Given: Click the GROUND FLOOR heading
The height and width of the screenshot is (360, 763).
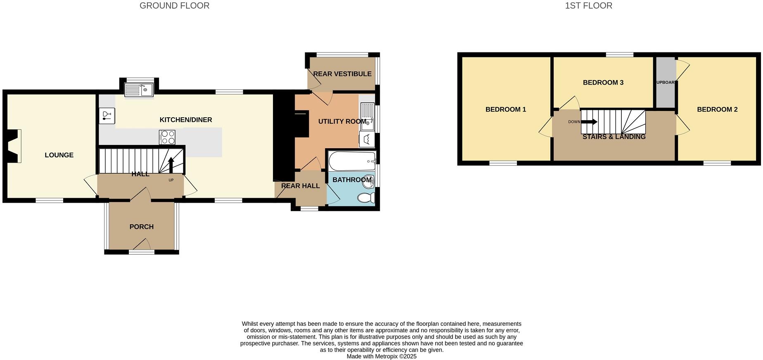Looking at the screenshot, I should pos(174,6).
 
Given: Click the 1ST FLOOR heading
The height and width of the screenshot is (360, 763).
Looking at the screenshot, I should pos(588,6).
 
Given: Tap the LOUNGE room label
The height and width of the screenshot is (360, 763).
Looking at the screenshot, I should pos(59,155).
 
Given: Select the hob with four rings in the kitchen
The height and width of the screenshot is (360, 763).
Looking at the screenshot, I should pos(167,137).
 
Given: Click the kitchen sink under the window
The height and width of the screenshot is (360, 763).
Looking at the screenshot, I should pos(139,90).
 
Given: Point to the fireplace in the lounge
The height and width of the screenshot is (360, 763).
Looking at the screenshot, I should pos(14,146).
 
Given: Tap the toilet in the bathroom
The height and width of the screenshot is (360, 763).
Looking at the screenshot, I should pos(365,198).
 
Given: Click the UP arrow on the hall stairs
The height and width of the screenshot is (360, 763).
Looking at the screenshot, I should pos(171,165).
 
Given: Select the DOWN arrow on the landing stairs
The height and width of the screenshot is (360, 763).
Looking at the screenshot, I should pos(589,122).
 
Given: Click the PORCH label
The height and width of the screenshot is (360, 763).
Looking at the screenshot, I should pos(141,227).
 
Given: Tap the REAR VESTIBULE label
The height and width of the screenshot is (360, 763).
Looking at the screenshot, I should pos(342,74).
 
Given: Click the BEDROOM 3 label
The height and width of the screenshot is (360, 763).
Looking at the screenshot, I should pos(603,83).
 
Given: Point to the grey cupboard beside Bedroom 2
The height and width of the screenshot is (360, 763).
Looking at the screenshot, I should pos(665,83).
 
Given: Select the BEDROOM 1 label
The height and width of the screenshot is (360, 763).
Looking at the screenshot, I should pos(505,109).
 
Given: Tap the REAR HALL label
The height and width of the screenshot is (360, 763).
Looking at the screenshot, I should pos(300,186).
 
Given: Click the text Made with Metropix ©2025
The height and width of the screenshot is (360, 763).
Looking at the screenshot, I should pos(381,356).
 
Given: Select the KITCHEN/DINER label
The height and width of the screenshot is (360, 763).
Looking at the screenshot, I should pos(186,120).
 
